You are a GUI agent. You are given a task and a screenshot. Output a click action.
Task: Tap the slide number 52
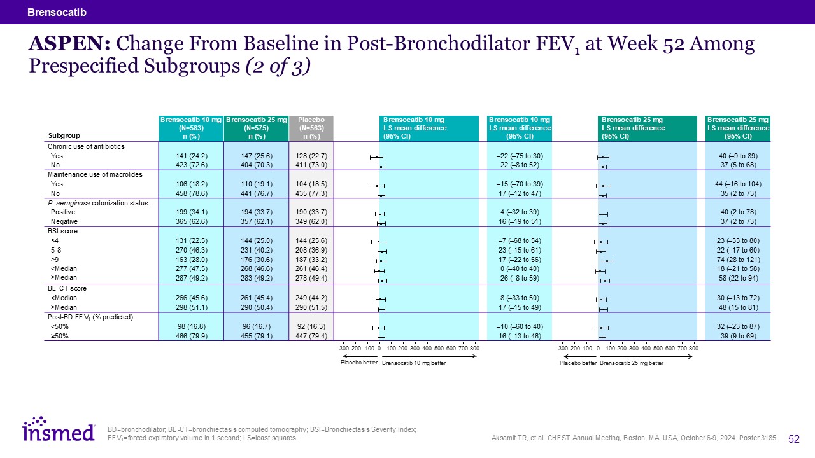[794, 438]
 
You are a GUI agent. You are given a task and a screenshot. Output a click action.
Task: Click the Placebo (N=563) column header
[311, 127]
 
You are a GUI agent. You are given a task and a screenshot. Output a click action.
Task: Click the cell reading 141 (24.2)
[192, 156]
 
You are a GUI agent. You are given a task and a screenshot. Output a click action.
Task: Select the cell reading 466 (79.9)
[192, 336]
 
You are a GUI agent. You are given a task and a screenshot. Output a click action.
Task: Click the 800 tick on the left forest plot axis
[474, 349]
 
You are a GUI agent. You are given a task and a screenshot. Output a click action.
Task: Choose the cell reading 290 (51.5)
[311, 307]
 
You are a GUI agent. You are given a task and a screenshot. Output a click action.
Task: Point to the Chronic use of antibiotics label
[87, 146]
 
